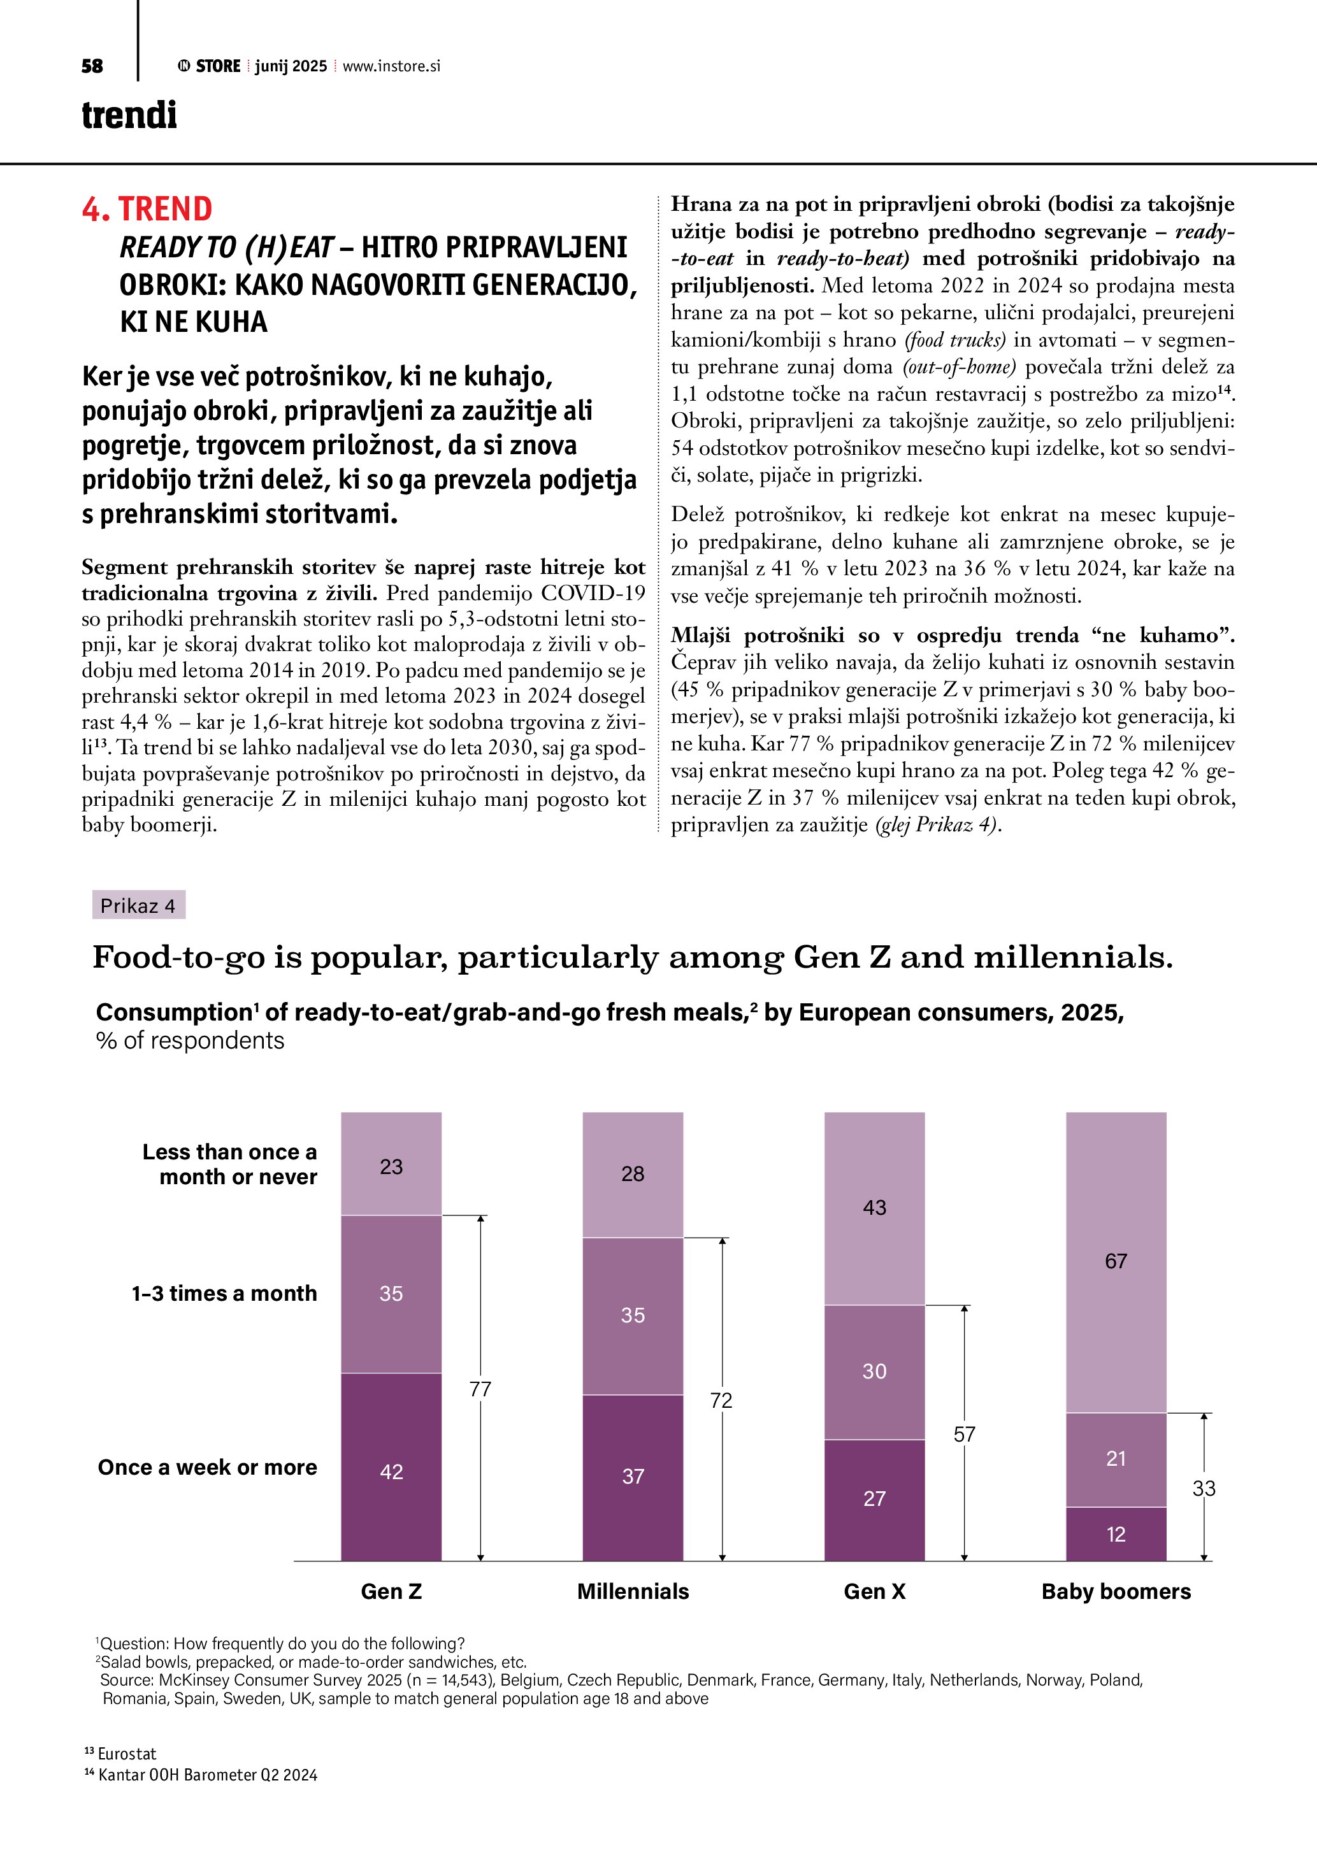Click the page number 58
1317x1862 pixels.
coord(92,66)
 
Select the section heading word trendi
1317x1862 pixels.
coord(129,115)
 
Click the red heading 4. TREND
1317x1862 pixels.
coord(147,209)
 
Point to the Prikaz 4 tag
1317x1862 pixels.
coord(138,906)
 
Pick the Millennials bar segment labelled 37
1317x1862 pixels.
coord(633,1477)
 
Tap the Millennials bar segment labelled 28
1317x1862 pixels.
coord(633,1174)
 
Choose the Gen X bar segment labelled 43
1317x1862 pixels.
coord(874,1208)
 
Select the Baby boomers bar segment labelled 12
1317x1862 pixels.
coord(1116,1533)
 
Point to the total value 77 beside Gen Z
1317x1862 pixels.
coord(480,1389)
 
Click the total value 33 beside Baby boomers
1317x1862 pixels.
coord(1204,1488)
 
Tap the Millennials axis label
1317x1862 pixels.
coord(633,1591)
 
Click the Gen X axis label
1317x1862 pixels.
coord(874,1591)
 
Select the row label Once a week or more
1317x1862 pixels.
coord(208,1467)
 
